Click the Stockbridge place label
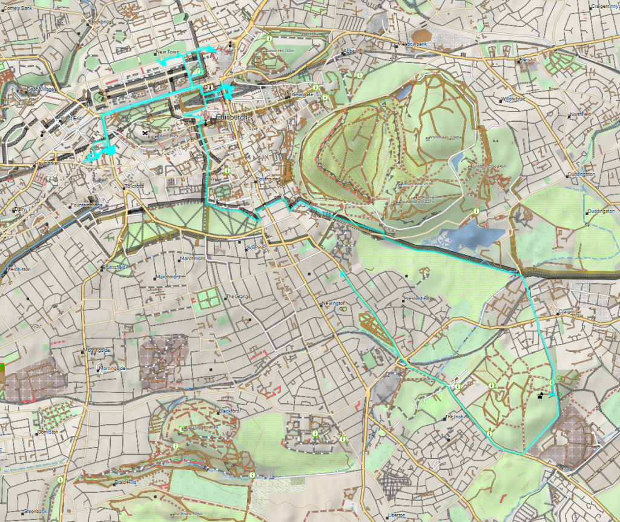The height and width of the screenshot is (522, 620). (x=101, y=22)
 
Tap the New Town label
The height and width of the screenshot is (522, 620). (x=168, y=52)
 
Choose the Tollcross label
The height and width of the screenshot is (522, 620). (x=134, y=186)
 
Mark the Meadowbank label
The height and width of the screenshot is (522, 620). (x=412, y=45)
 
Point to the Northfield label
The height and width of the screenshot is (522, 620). (x=580, y=114)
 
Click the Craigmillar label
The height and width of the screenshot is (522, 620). (x=570, y=312)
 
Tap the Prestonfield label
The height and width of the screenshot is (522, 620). (x=417, y=299)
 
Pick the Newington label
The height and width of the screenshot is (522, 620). (x=334, y=303)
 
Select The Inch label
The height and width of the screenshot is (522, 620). (x=453, y=417)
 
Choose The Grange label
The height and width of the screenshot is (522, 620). (x=238, y=297)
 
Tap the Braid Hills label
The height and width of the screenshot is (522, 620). (x=126, y=483)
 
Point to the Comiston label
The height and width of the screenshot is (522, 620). (x=48, y=432)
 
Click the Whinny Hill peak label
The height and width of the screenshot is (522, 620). (x=441, y=137)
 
